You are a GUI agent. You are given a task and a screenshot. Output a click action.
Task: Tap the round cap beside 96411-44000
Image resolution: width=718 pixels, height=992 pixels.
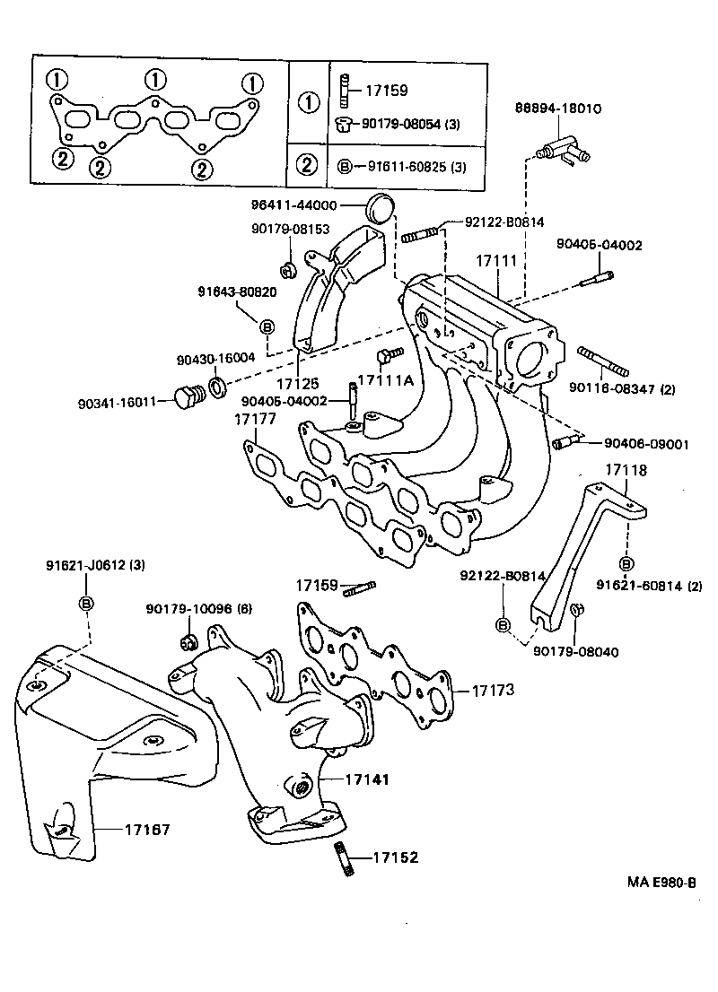(x=381, y=207)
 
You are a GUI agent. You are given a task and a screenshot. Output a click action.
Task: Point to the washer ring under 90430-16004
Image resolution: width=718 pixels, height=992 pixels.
(x=217, y=388)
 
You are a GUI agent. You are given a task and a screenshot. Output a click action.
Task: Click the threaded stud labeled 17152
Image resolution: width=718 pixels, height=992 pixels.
(x=344, y=858)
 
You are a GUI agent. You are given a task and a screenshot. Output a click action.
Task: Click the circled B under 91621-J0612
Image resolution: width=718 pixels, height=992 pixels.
(x=87, y=602)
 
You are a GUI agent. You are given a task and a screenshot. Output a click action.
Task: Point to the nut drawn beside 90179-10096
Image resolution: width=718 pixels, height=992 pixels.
(x=188, y=640)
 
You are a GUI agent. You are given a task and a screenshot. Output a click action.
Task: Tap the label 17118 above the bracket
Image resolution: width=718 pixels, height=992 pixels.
(x=626, y=469)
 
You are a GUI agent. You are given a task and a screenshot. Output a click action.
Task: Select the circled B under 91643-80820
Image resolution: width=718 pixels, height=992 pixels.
(x=267, y=326)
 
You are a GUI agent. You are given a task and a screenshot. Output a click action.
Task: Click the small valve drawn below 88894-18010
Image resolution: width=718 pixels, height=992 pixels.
(x=561, y=149)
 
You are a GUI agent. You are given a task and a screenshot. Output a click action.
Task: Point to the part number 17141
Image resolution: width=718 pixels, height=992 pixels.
(x=367, y=780)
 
